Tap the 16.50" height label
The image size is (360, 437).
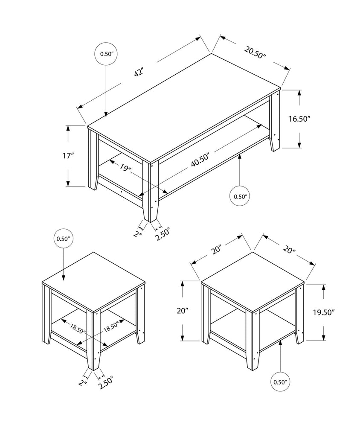299,119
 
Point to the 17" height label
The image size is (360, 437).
68,156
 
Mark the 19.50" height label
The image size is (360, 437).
323,312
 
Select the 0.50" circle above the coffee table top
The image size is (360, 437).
105,54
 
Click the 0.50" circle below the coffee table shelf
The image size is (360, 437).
240,196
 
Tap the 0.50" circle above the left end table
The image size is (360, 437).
63,239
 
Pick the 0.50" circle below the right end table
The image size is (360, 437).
280,382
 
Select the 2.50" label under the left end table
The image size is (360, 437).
105,384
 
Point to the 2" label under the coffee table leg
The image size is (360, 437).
137,233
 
